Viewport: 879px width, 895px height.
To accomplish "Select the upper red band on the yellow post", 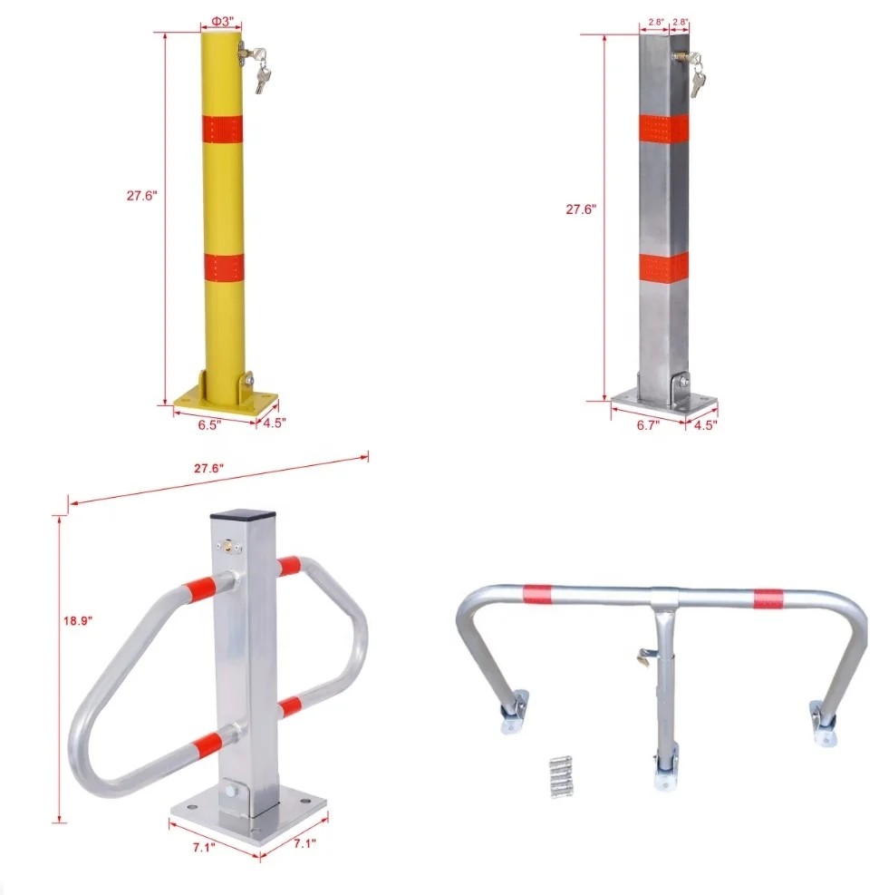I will pyautogui.click(x=222, y=129).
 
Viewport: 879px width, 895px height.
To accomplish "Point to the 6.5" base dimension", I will pyautogui.click(x=210, y=423).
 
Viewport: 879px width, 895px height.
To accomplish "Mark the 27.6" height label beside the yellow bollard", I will pyautogui.click(x=142, y=193).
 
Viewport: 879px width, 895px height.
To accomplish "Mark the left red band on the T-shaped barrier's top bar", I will pyautogui.click(x=536, y=594).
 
